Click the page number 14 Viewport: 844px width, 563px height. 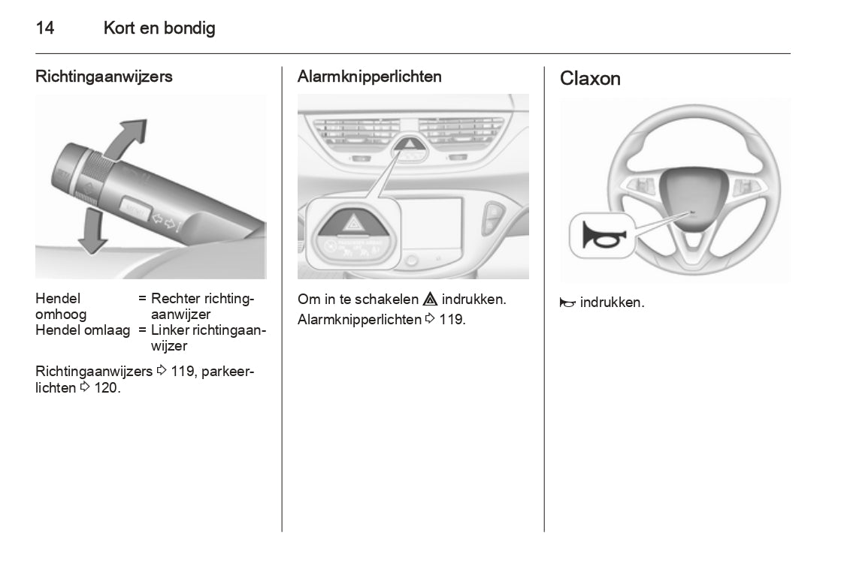click(x=44, y=29)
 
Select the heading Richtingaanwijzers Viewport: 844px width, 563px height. click(x=104, y=77)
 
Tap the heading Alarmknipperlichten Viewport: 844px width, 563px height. click(x=370, y=77)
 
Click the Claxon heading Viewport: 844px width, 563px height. click(x=590, y=79)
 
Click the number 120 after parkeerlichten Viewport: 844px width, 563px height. click(x=107, y=388)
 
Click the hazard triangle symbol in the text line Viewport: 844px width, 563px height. click(x=431, y=300)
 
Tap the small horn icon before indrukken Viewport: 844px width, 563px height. click(x=567, y=303)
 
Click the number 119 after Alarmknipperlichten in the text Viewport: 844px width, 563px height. click(x=453, y=320)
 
